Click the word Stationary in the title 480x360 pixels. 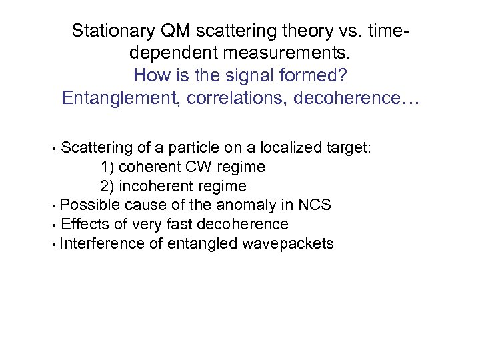pyautogui.click(x=111, y=31)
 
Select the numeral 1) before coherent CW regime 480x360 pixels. pyautogui.click(x=107, y=167)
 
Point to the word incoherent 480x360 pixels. pyautogui.click(x=152, y=186)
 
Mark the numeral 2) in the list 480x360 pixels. pyautogui.click(x=107, y=186)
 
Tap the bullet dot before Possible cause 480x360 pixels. pyautogui.click(x=53, y=205)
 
